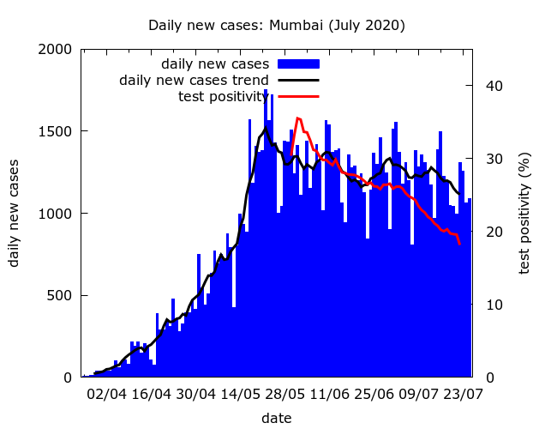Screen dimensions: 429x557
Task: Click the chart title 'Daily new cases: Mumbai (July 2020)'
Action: click(x=277, y=26)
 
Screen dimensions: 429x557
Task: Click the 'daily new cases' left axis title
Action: click(x=15, y=213)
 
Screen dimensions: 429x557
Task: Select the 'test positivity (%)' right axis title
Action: click(x=524, y=213)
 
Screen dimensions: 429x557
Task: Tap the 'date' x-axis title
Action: click(x=277, y=419)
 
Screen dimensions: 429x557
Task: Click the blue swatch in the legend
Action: click(x=298, y=63)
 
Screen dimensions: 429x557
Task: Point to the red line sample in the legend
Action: click(x=298, y=96)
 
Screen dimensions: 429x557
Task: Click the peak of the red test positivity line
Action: click(x=298, y=118)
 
